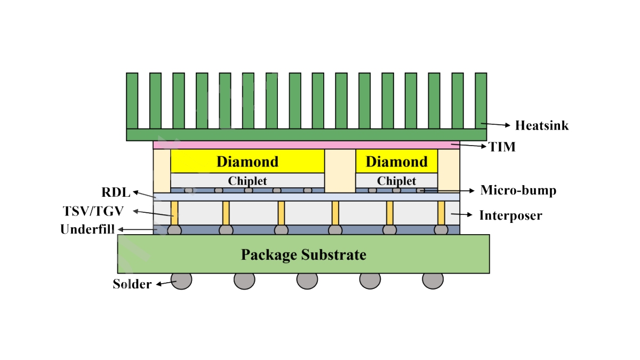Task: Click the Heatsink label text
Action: coord(541,126)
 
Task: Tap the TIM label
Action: coord(502,147)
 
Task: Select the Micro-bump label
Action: coord(518,190)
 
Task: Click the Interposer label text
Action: coord(510,215)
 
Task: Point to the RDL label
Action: coord(116,192)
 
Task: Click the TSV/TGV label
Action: coord(93,211)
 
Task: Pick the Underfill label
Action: coord(89,230)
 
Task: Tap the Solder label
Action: coord(132,284)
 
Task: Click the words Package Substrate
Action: coord(303,254)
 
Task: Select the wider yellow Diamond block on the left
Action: coord(247,161)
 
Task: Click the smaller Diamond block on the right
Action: coord(396,161)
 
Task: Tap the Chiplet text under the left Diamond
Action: coord(247,181)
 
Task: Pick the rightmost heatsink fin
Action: coord(481,100)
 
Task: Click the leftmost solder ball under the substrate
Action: coord(181,280)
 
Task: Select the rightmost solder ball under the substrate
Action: coord(433,280)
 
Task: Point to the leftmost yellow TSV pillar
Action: coord(174,212)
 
